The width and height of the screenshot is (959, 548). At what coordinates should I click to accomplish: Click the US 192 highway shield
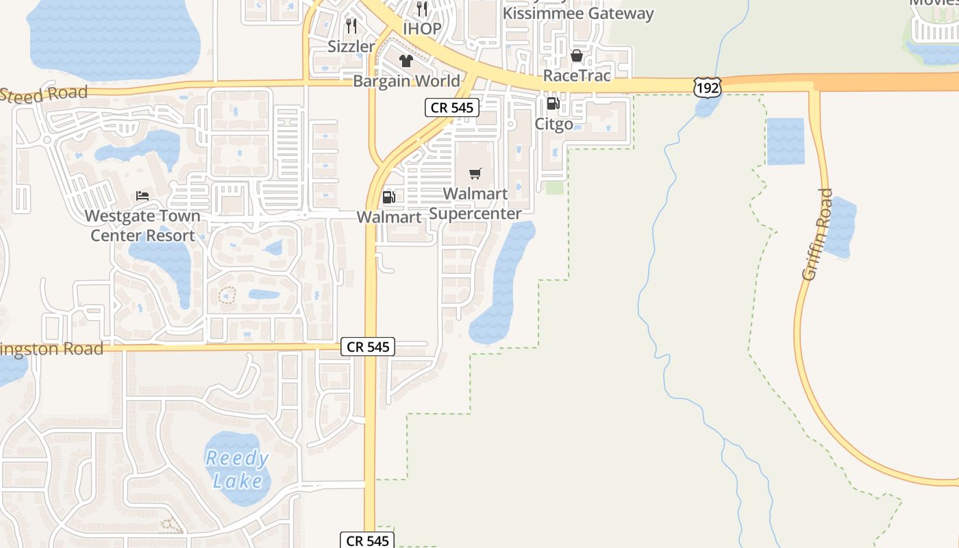707,87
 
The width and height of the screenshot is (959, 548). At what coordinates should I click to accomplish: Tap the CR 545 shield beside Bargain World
451,107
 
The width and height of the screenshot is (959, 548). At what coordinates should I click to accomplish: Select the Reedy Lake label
237,469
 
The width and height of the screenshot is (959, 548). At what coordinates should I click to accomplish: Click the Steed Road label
45,94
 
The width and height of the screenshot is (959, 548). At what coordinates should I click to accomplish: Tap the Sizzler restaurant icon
351,27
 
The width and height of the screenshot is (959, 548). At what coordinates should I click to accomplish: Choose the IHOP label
422,29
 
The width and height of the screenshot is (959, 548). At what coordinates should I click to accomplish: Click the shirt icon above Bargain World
406,60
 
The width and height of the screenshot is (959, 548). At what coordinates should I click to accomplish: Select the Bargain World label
406,81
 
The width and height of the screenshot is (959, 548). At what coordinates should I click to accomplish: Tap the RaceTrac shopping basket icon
577,55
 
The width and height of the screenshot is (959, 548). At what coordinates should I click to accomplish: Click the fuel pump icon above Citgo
553,104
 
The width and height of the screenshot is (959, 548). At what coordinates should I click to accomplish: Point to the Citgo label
553,125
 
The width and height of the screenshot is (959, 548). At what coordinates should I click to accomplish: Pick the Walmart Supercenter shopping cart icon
475,173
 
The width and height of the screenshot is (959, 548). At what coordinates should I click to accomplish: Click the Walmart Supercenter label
475,203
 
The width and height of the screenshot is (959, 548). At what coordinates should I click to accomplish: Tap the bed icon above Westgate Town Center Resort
142,196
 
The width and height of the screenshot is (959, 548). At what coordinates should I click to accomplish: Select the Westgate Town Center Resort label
142,226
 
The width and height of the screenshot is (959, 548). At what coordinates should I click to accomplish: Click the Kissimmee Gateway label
578,13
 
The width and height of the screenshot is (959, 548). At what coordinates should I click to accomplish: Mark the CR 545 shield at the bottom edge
368,540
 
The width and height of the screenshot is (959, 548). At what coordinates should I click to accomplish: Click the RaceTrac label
577,75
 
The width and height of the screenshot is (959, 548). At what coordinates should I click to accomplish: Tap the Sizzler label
351,47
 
